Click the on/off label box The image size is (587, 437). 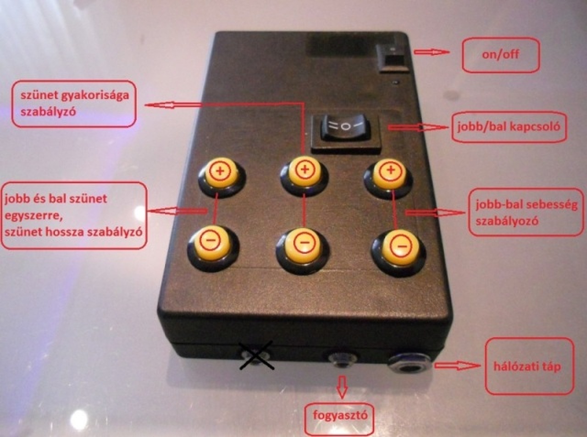[x=500, y=55]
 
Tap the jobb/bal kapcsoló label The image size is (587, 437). [x=508, y=126]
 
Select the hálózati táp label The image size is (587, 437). [x=529, y=366]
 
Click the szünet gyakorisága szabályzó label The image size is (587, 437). [x=74, y=104]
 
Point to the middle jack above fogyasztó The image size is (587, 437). [x=341, y=359]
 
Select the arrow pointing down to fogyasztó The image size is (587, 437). [x=341, y=388]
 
